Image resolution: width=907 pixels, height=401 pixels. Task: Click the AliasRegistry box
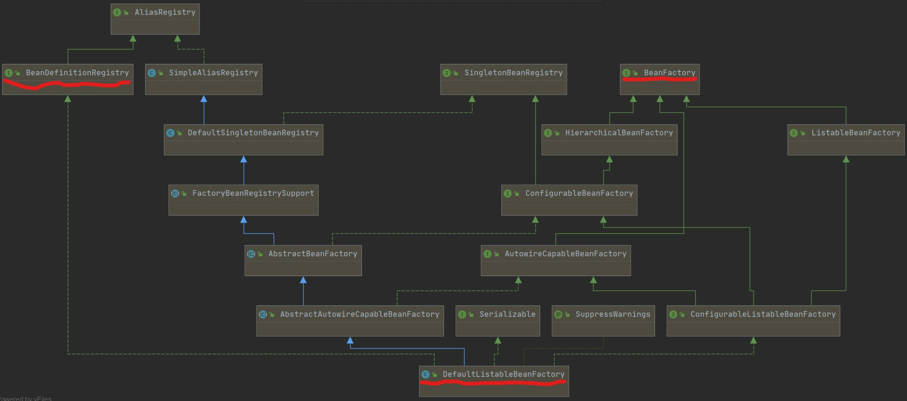point(155,19)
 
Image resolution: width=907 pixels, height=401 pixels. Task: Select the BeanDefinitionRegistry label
point(77,73)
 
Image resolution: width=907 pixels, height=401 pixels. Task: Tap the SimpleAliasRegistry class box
point(204,80)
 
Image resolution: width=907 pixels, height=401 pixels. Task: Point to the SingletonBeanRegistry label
point(513,73)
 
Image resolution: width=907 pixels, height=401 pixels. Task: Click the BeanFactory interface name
point(669,73)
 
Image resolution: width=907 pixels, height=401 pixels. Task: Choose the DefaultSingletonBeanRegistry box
point(243,140)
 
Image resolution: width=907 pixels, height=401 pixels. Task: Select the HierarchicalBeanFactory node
point(609,140)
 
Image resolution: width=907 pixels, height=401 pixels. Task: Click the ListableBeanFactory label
point(855,133)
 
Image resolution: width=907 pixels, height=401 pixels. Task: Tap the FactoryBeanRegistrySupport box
point(243,200)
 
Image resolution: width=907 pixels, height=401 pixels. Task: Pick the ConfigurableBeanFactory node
point(569,200)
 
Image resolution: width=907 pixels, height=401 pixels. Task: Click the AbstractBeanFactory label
point(313,254)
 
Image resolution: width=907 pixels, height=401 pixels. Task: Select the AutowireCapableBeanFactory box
point(556,261)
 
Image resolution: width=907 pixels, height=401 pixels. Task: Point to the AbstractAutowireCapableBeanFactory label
point(359,314)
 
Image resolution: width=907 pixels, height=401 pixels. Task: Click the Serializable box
point(497,321)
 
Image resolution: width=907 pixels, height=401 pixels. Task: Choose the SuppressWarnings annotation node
point(603,321)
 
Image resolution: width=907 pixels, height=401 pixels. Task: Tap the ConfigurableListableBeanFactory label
point(763,314)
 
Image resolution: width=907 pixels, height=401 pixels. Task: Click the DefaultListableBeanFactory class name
point(503,374)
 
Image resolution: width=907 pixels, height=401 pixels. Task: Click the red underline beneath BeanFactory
point(660,80)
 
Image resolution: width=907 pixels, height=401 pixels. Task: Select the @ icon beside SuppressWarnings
point(558,315)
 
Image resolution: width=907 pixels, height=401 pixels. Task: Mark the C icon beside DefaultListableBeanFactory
point(426,374)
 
